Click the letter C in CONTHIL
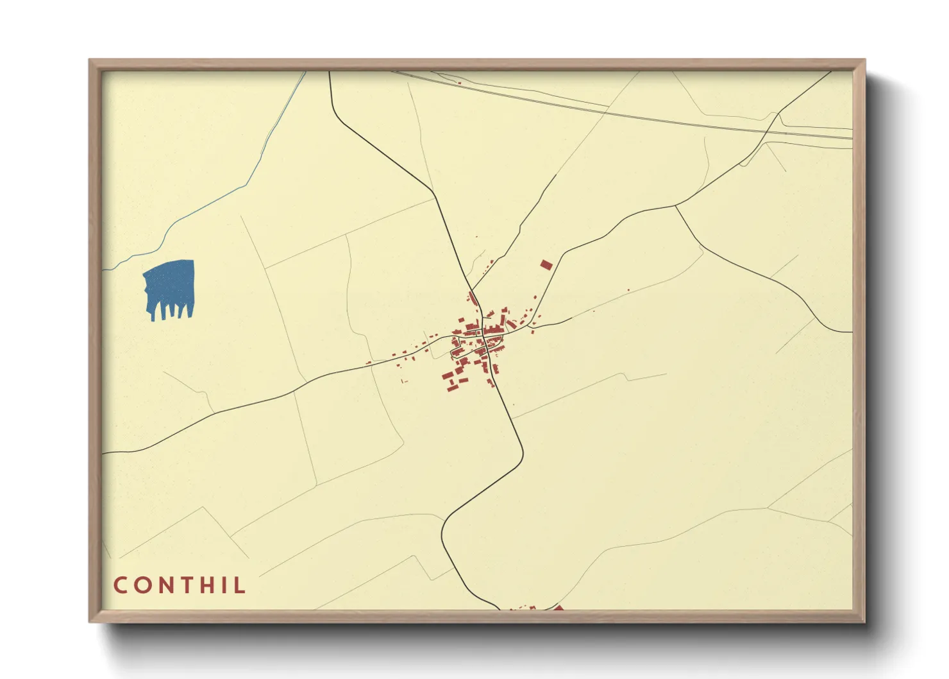click(x=121, y=585)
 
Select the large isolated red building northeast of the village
click(x=546, y=265)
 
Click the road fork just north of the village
click(x=473, y=290)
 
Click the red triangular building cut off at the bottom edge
click(x=558, y=608)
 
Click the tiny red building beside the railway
click(x=459, y=82)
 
